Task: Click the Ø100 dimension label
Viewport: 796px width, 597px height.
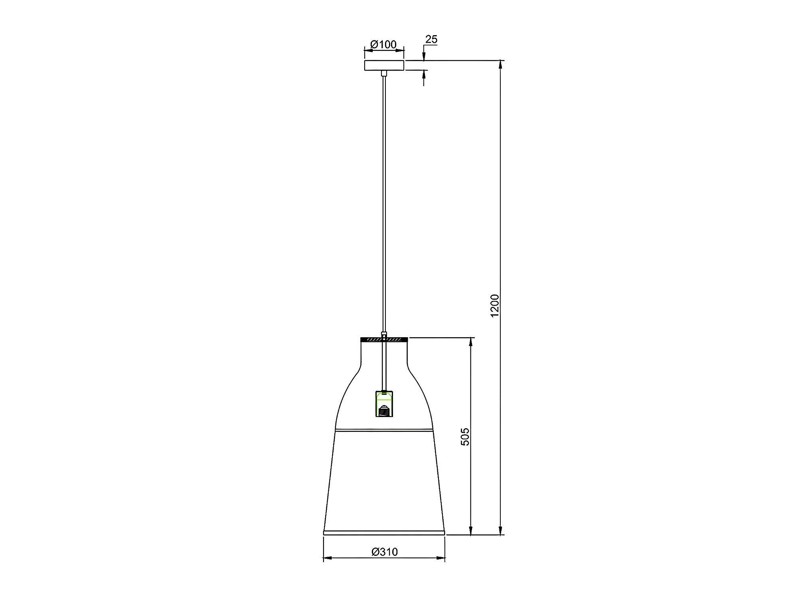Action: point(383,44)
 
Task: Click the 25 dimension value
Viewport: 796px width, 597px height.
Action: point(431,40)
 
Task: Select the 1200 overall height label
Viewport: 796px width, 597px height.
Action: point(495,306)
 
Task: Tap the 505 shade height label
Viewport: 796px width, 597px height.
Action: point(465,437)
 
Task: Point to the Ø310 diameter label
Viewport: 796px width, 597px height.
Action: point(385,552)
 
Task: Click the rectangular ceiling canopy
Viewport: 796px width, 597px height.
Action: point(384,65)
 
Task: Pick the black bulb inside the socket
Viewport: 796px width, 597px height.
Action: point(384,411)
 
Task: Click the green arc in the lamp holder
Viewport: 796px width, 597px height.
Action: point(384,397)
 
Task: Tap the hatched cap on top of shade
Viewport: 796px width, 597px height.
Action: point(384,340)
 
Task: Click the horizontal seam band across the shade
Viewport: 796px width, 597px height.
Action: point(384,431)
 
